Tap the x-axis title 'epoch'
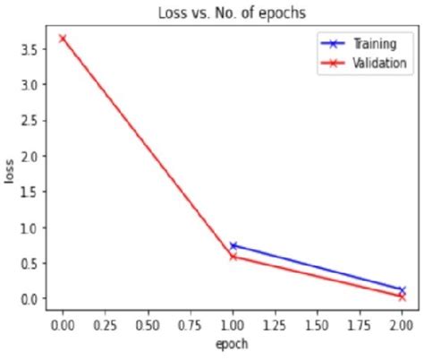tap(232, 344)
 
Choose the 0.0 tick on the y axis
tap(30, 298)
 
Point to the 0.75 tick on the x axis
tap(190, 323)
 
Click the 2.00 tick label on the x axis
tap(402, 323)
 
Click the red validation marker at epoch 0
tap(62, 39)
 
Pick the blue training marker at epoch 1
tap(233, 245)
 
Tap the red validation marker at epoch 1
tap(233, 256)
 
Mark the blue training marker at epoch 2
tap(402, 289)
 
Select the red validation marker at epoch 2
tap(402, 296)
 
